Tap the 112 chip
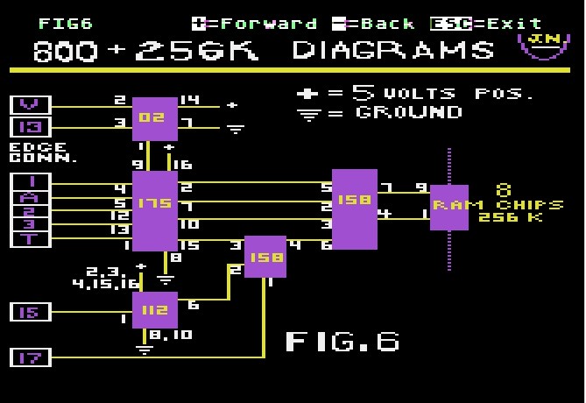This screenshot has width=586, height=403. (154, 309)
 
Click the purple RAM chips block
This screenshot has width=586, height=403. (449, 207)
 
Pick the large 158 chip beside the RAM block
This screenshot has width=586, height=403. (354, 209)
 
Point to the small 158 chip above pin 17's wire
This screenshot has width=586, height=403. (265, 256)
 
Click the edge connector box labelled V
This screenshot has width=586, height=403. (31, 105)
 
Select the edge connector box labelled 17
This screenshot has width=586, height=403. (31, 357)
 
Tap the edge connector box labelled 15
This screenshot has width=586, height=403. (31, 312)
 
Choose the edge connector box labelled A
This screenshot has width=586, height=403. (31, 196)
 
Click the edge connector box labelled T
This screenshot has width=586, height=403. (31, 238)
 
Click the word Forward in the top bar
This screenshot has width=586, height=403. (263, 24)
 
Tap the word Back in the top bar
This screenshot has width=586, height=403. (387, 24)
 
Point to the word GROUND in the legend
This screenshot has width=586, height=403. (408, 112)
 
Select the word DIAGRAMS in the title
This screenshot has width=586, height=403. (392, 51)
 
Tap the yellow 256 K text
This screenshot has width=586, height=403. (511, 216)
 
